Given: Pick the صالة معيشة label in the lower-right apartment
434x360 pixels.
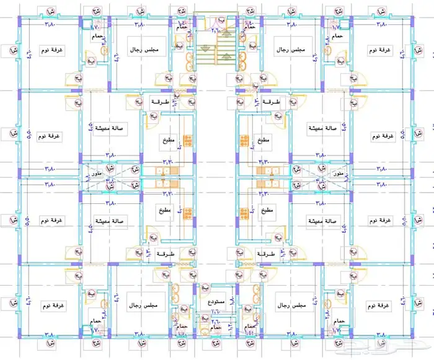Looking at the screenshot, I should tap(321, 221).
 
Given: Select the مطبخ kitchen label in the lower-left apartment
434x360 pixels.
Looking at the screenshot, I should tap(164, 211).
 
